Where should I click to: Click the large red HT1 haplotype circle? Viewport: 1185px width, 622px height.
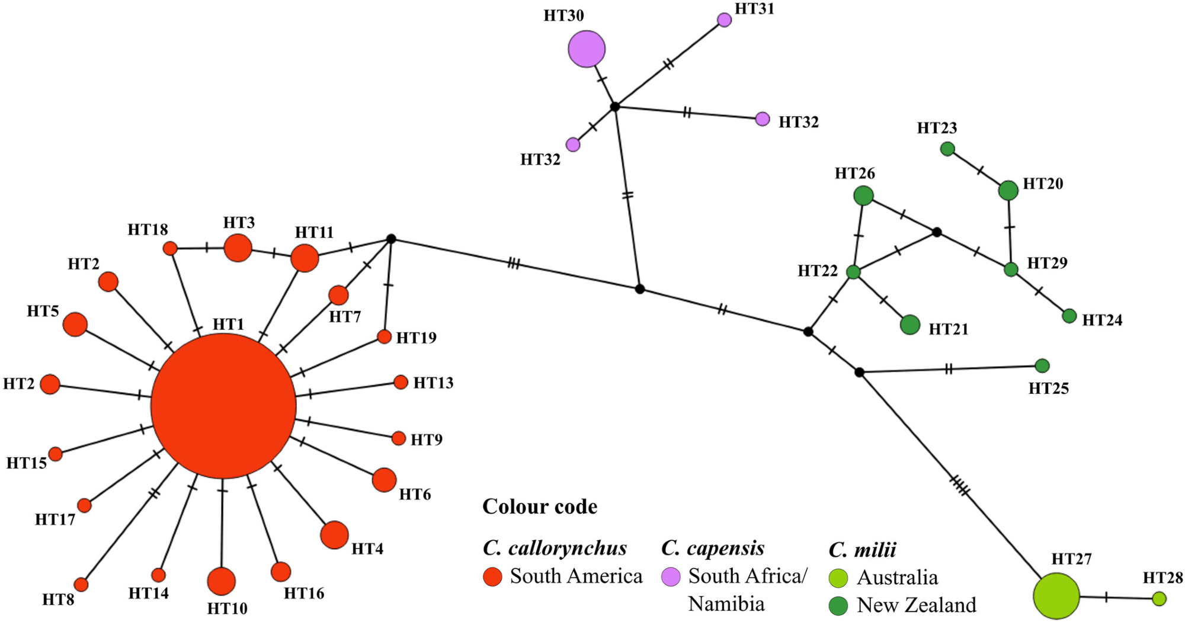point(223,406)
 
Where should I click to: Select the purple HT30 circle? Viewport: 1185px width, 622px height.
point(587,49)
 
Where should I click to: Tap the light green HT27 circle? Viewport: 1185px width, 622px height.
point(1056,596)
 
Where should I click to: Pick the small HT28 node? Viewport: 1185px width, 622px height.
point(1160,599)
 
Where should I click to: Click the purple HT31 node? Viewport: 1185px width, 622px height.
point(724,20)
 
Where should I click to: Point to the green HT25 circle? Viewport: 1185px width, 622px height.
point(1042,365)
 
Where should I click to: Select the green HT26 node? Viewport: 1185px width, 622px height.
point(863,195)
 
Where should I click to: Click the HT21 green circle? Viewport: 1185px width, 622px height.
point(910,325)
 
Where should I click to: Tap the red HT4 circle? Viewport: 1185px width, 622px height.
point(334,535)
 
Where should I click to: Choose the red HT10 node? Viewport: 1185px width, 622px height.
point(222,581)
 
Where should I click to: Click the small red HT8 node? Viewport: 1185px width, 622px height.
point(81,585)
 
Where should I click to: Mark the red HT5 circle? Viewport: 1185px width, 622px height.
point(75,324)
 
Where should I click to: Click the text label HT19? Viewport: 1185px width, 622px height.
point(416,338)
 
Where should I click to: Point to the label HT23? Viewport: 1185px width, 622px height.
point(937,128)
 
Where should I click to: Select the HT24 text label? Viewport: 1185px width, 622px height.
point(1102,320)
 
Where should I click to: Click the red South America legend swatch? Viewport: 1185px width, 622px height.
point(492,576)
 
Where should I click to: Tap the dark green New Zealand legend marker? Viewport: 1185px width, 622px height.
point(838,605)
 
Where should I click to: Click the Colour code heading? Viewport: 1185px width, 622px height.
point(540,506)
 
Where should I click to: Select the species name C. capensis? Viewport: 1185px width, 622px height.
point(713,548)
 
